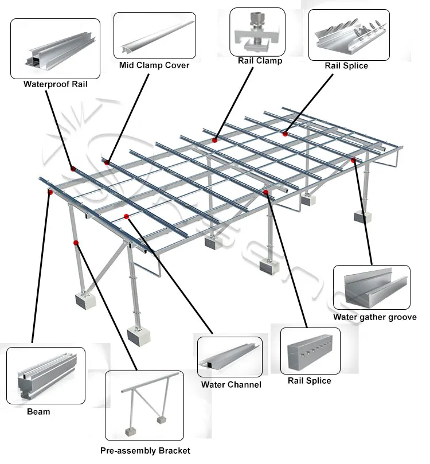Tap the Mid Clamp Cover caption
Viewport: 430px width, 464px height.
click(x=154, y=65)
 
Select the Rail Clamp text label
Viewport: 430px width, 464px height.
click(x=260, y=61)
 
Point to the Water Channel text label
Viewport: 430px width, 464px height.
click(x=231, y=385)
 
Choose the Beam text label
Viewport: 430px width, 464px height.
click(x=38, y=411)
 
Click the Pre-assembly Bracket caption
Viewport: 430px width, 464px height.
click(x=145, y=451)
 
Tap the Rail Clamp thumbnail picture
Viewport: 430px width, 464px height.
click(x=257, y=32)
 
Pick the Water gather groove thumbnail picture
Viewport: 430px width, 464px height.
click(x=372, y=288)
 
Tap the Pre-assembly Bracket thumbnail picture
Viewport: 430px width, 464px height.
click(x=144, y=406)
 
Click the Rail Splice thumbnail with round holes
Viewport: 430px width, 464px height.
click(x=309, y=351)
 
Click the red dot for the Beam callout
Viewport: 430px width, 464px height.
click(x=50, y=193)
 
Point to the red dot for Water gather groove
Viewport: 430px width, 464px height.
click(x=354, y=160)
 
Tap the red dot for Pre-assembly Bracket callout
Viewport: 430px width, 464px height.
click(x=76, y=243)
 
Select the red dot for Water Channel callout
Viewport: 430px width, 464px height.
click(x=127, y=216)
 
